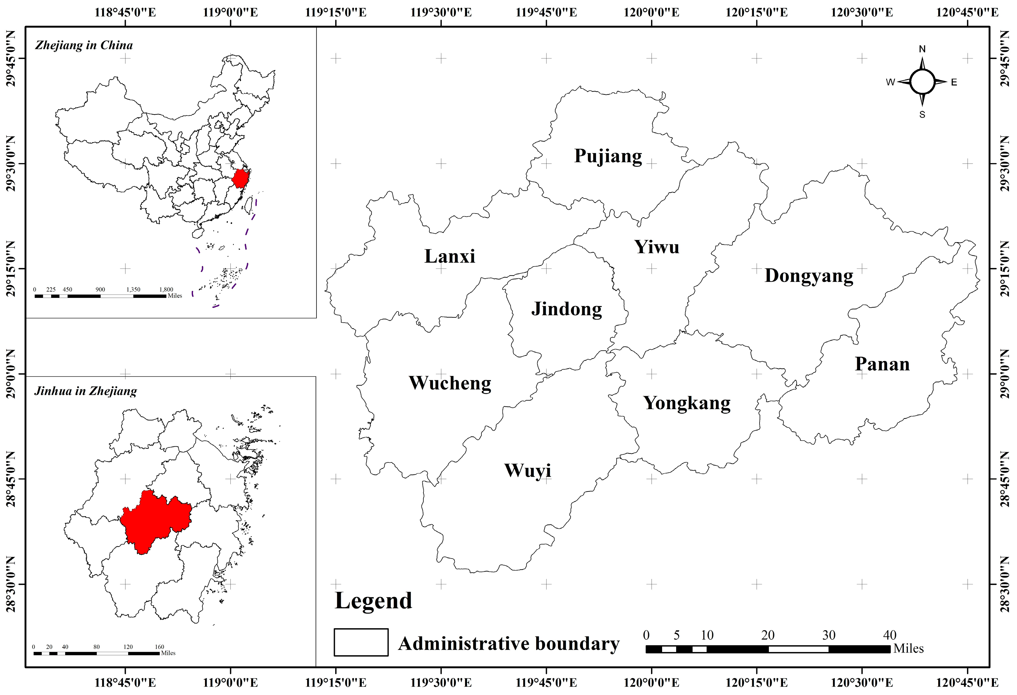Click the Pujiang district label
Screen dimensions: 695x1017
608,156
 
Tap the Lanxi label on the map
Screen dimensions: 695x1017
449,256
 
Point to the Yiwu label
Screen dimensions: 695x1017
656,247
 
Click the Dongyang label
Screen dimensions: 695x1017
809,276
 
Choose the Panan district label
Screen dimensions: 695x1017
882,364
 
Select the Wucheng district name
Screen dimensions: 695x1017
450,383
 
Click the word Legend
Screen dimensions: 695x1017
373,601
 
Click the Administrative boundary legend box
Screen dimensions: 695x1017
361,642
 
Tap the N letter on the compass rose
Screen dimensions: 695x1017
922,49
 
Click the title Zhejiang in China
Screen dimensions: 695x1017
83,45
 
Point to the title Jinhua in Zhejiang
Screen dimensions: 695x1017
85,391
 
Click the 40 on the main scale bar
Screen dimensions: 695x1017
889,635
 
